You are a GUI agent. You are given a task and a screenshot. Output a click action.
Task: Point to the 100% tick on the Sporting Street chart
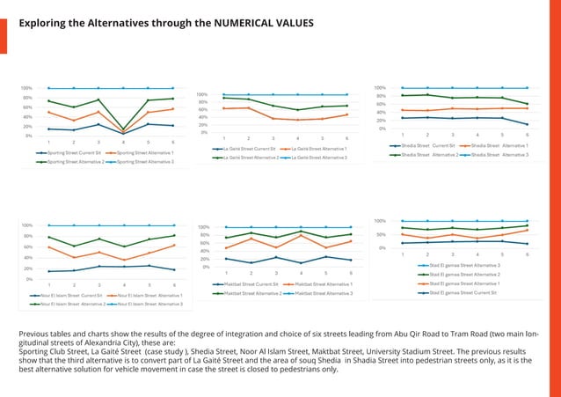click(27, 88)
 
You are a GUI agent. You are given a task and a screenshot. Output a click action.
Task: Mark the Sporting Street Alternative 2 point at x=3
click(98, 99)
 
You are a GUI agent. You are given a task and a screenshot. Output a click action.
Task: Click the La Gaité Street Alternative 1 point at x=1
click(224, 108)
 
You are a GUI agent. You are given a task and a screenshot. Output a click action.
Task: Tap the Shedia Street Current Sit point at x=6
click(527, 124)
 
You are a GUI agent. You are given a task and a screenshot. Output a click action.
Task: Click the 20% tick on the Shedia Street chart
click(381, 121)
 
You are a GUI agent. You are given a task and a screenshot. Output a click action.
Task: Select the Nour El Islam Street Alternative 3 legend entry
click(149, 304)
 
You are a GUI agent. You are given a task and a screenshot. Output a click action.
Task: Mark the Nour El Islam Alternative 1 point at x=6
click(174, 246)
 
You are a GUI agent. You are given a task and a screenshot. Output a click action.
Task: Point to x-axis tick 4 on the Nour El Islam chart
click(124, 285)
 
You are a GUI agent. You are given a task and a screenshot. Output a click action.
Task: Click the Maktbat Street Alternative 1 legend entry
click(323, 284)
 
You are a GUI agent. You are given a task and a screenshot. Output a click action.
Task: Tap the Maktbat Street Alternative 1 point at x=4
click(301, 235)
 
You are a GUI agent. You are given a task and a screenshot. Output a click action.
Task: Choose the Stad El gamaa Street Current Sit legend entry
click(463, 292)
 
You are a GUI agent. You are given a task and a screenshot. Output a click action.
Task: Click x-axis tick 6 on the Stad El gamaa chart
click(527, 254)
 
